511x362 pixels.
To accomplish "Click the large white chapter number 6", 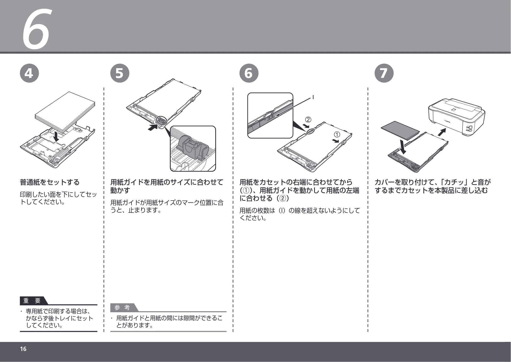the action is [x=36, y=29].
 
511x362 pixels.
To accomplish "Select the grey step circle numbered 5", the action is [x=120, y=73].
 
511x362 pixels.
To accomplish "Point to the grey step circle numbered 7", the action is [x=384, y=73].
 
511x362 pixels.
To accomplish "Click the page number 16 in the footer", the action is [x=23, y=349].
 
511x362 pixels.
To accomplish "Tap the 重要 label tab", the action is [x=32, y=301].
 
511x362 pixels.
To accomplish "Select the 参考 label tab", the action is [x=123, y=308].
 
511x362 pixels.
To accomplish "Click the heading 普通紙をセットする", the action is [x=50, y=182].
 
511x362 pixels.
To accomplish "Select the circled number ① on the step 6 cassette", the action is [x=337, y=134].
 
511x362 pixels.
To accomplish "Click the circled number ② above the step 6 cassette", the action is [x=308, y=120].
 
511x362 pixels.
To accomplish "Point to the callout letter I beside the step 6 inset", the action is [x=313, y=97].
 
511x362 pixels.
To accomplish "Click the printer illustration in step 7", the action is [x=456, y=117].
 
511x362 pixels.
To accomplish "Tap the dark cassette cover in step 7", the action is [x=400, y=130].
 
